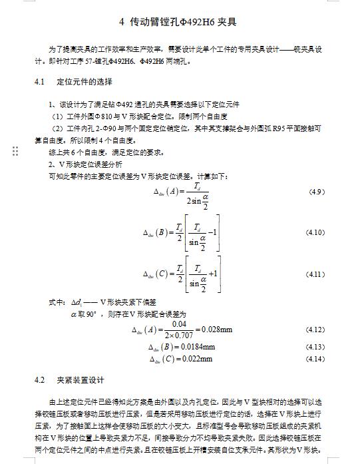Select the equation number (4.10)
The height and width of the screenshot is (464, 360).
tap(314, 232)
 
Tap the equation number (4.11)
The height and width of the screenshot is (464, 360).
tap(314, 274)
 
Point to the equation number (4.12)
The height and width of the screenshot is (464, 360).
tap(314, 330)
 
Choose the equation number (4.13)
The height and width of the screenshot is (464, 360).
tap(314, 347)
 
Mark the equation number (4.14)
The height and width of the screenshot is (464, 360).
tap(314, 359)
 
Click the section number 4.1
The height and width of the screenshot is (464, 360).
tap(39, 82)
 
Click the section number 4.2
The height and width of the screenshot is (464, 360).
tap(39, 380)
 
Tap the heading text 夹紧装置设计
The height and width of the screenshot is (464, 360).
tap(81, 380)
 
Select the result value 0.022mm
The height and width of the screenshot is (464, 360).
tap(196, 359)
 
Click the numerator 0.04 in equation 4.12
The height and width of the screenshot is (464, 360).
tap(177, 324)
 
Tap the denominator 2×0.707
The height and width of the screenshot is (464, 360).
tap(178, 335)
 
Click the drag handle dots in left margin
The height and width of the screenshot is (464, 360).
tap(15, 152)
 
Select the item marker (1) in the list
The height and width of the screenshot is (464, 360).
tap(57, 116)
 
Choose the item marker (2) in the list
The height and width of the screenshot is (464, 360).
tap(57, 128)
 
